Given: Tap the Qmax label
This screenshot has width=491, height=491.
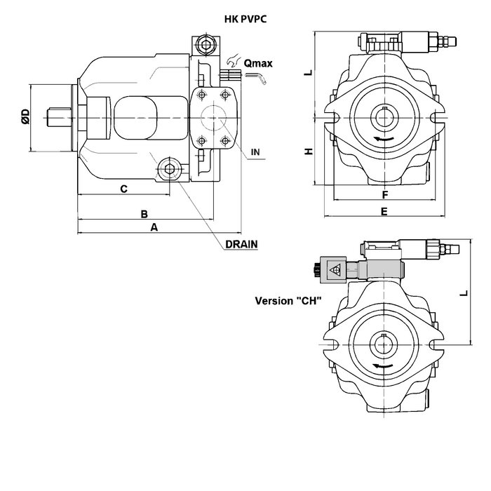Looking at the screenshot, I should coord(257,64).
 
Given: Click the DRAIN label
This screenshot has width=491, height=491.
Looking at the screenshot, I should coord(242,244).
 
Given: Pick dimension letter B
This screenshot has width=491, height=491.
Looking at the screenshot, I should coord(144,213).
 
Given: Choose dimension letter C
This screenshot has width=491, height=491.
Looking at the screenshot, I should coord(123,188).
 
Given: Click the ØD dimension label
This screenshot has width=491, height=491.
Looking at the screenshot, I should coord(25,116).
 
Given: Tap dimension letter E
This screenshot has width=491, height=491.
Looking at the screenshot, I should coord(384,210).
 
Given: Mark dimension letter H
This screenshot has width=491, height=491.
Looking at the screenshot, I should coord(307,152).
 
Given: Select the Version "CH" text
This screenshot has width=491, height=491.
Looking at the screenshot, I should coord(288,302).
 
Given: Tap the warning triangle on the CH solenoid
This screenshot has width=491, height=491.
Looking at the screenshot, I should coord(334,267).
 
